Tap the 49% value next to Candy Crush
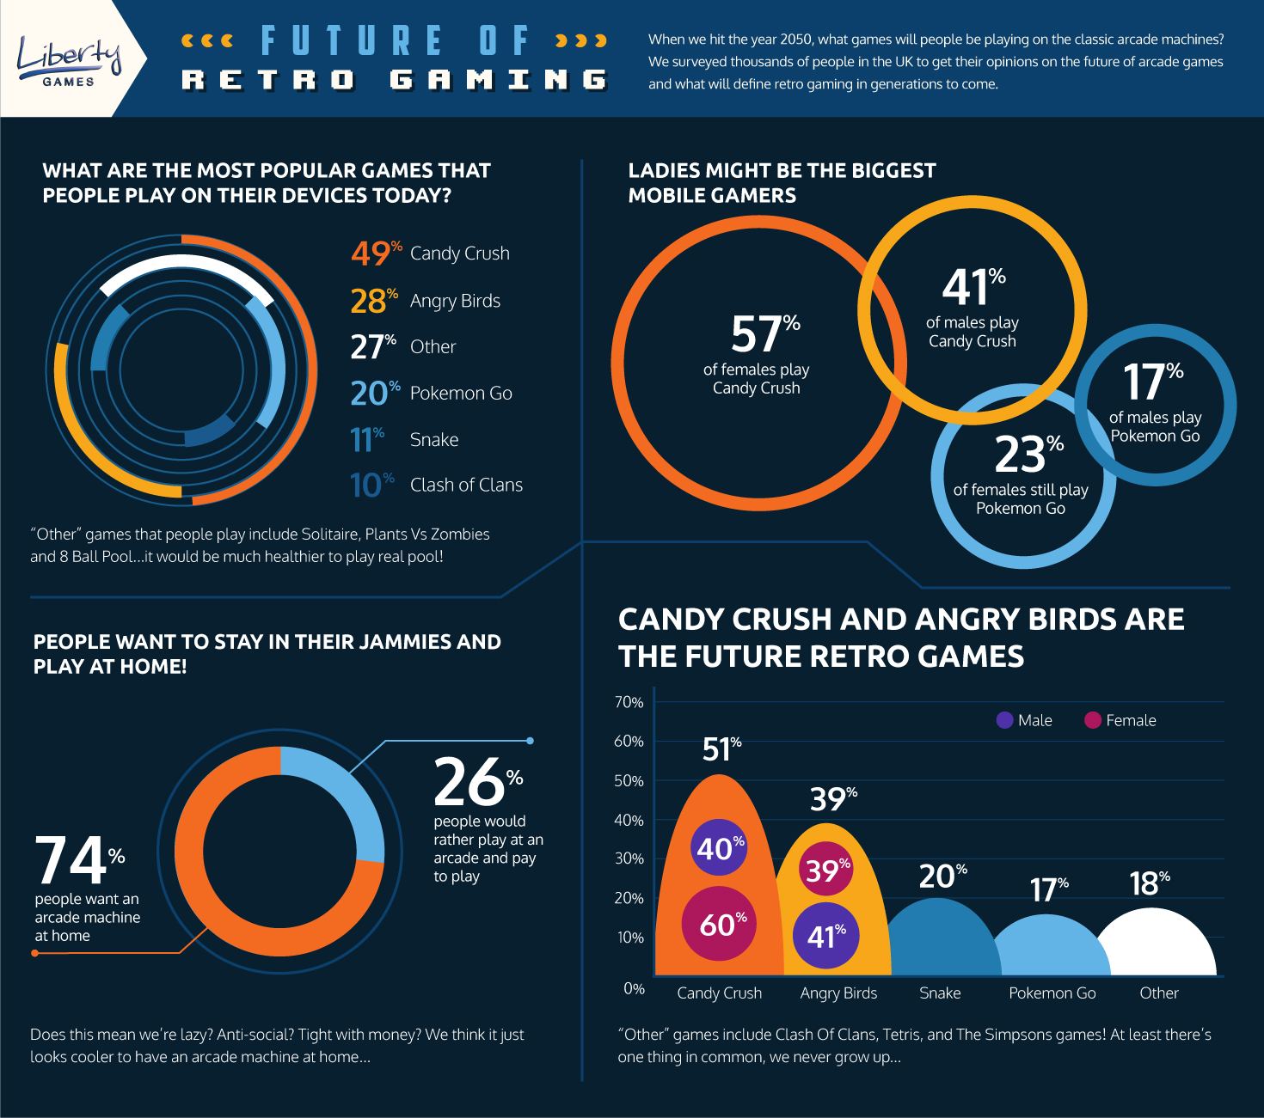[x=371, y=254]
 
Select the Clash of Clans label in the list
[x=466, y=486]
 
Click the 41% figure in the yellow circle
[x=968, y=288]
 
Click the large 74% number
[x=72, y=861]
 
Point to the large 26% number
[x=471, y=782]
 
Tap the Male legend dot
[x=1004, y=720]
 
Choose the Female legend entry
[x=1120, y=720]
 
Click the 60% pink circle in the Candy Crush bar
[x=719, y=925]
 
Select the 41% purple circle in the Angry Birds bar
[x=825, y=935]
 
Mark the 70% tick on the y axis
[x=629, y=702]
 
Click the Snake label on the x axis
[x=940, y=993]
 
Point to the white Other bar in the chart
[x=1157, y=945]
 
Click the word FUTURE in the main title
[x=353, y=41]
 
